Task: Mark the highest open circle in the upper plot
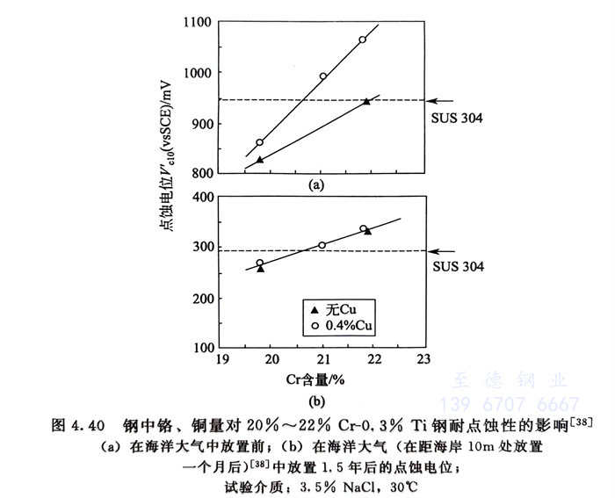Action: point(362,40)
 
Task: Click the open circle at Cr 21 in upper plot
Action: point(322,76)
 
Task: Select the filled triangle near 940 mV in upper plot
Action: point(366,102)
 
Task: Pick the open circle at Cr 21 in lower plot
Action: point(322,245)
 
